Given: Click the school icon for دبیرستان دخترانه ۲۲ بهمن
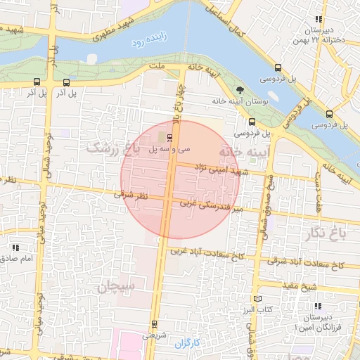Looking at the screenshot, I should (x=319, y=20).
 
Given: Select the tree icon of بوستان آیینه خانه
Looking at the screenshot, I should (x=240, y=90).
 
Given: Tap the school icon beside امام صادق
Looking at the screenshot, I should (x=15, y=247).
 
